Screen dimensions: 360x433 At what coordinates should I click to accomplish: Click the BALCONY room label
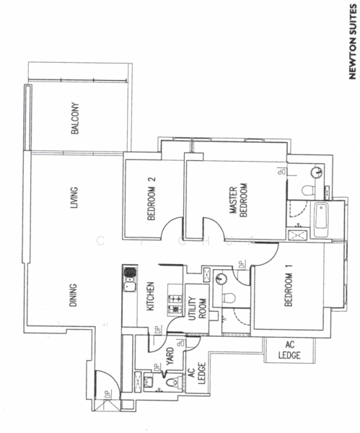pyautogui.click(x=75, y=118)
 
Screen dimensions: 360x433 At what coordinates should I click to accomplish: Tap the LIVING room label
pyautogui.click(x=74, y=198)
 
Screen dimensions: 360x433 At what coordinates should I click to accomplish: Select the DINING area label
pyautogui.click(x=73, y=295)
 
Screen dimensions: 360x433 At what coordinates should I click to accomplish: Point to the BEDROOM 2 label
pyautogui.click(x=152, y=198)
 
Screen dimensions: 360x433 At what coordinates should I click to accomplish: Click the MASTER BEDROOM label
pyautogui.click(x=238, y=200)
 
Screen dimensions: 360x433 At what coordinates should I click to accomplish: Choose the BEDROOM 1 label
pyautogui.click(x=289, y=286)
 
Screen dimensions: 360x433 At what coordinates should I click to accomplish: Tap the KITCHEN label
pyautogui.click(x=150, y=296)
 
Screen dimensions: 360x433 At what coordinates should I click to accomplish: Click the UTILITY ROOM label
pyautogui.click(x=198, y=308)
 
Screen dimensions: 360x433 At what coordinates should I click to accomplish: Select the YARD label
pyautogui.click(x=170, y=356)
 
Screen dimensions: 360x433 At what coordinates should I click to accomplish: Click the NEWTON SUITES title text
pyautogui.click(x=352, y=42)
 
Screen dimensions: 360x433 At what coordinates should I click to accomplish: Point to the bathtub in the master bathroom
pyautogui.click(x=321, y=220)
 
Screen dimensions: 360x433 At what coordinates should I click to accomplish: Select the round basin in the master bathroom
pyautogui.click(x=316, y=173)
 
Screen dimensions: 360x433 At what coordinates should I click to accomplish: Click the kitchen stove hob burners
pyautogui.click(x=175, y=305)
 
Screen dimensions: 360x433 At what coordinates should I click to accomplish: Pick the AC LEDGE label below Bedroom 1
pyautogui.click(x=289, y=350)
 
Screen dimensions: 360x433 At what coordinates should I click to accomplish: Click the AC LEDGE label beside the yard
pyautogui.click(x=197, y=373)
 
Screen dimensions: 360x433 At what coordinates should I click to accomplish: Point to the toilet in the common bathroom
pyautogui.click(x=229, y=297)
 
